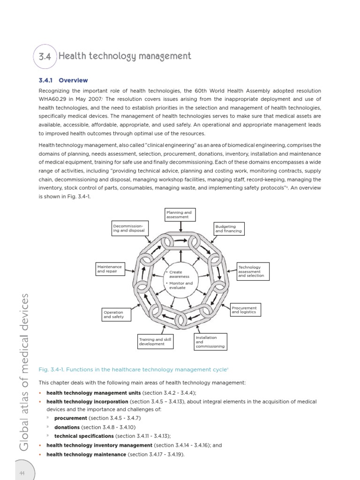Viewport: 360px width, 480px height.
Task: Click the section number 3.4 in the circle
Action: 45,57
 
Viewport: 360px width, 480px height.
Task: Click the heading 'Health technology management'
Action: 125,56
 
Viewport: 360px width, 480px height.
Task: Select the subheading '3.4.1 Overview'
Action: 63,81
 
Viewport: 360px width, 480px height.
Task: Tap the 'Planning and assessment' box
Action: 180,215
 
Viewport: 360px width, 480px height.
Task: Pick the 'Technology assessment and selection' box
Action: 253,271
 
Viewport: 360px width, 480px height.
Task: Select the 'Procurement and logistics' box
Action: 245,310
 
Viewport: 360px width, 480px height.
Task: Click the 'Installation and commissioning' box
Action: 210,342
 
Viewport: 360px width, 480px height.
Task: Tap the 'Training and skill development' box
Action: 155,342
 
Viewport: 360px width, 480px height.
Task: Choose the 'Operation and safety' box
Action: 116,315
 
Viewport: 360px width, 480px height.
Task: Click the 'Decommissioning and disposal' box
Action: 129,228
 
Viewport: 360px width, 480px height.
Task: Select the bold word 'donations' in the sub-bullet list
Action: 67,427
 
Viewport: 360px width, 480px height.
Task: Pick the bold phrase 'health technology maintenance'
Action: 86,454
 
